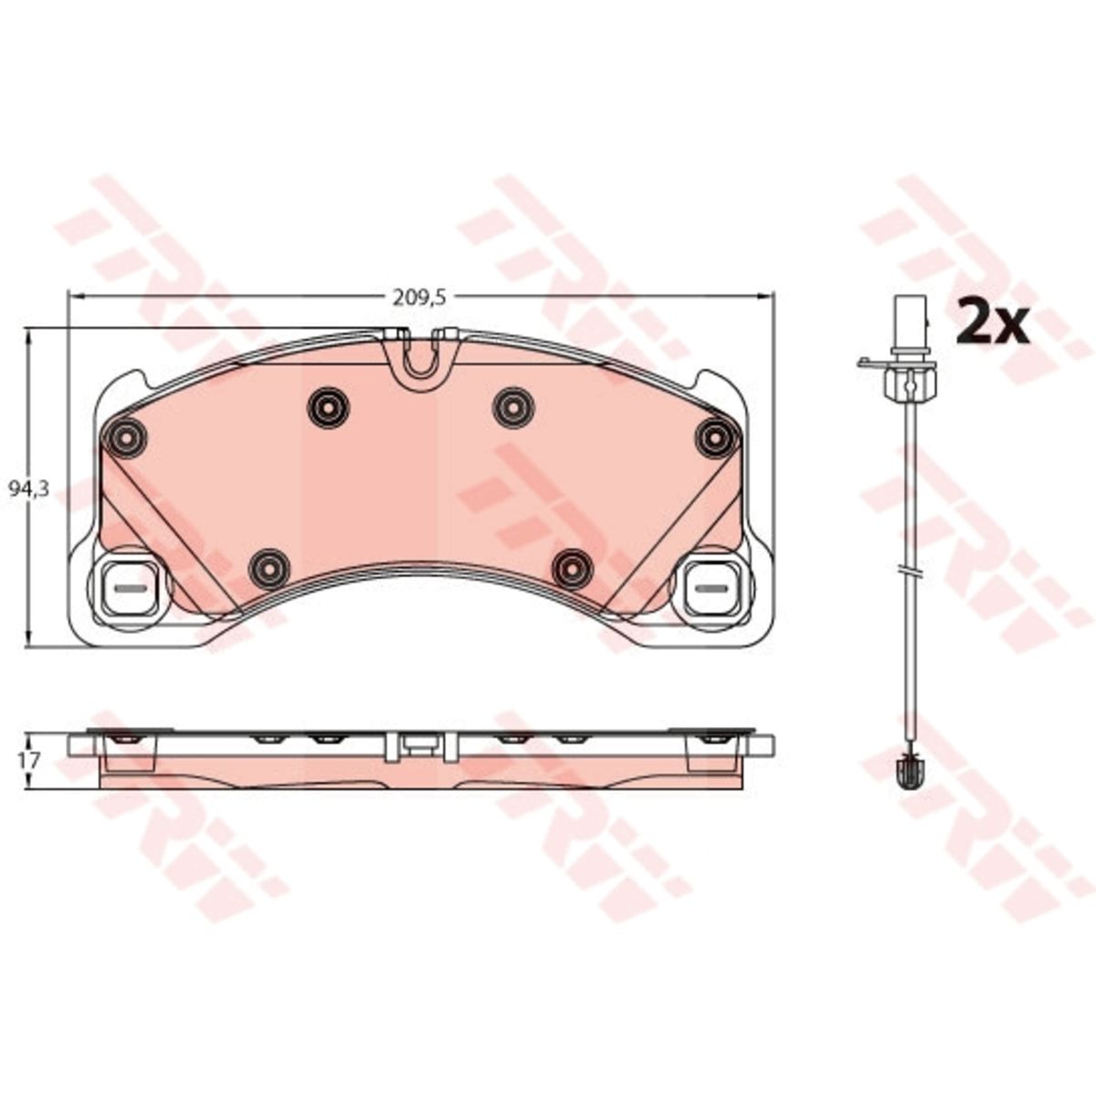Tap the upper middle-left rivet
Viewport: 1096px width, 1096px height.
tap(328, 407)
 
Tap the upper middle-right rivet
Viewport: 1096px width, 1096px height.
tap(513, 407)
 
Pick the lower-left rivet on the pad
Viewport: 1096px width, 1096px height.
tap(269, 570)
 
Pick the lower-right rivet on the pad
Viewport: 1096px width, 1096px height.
tap(574, 570)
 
